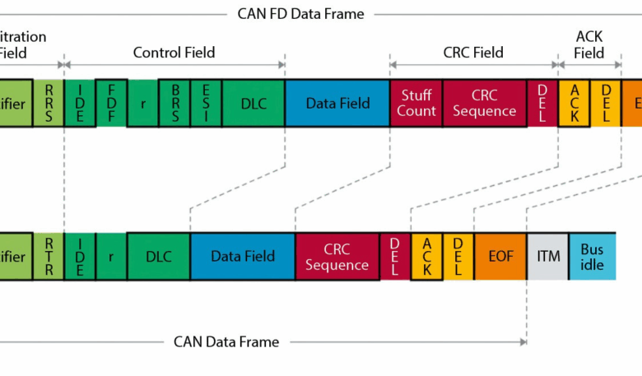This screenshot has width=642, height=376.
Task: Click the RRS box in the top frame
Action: (x=49, y=103)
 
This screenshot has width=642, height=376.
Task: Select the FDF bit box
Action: (x=111, y=103)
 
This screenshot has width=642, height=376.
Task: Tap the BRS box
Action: (x=174, y=103)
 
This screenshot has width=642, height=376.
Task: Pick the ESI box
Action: (x=206, y=103)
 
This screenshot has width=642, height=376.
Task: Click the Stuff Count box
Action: (x=416, y=103)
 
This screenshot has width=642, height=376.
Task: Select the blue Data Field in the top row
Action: (x=337, y=103)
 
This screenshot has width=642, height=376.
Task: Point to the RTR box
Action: (x=49, y=256)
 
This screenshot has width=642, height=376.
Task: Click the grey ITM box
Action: (x=547, y=256)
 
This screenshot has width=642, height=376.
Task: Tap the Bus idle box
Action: (x=592, y=256)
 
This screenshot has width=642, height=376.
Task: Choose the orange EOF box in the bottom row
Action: (x=500, y=256)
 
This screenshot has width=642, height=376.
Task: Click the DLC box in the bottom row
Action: (x=159, y=256)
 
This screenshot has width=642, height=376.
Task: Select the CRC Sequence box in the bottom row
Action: (x=337, y=256)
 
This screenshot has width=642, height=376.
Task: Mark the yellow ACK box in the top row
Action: (x=575, y=103)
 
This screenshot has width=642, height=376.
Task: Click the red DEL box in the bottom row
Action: (x=395, y=256)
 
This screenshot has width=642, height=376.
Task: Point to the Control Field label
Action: (x=174, y=53)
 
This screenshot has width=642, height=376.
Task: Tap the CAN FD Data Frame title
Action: (x=300, y=13)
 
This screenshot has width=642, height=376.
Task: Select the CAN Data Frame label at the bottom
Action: (x=226, y=341)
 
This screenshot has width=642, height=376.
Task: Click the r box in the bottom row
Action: (x=111, y=256)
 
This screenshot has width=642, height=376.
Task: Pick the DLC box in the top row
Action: (x=254, y=103)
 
